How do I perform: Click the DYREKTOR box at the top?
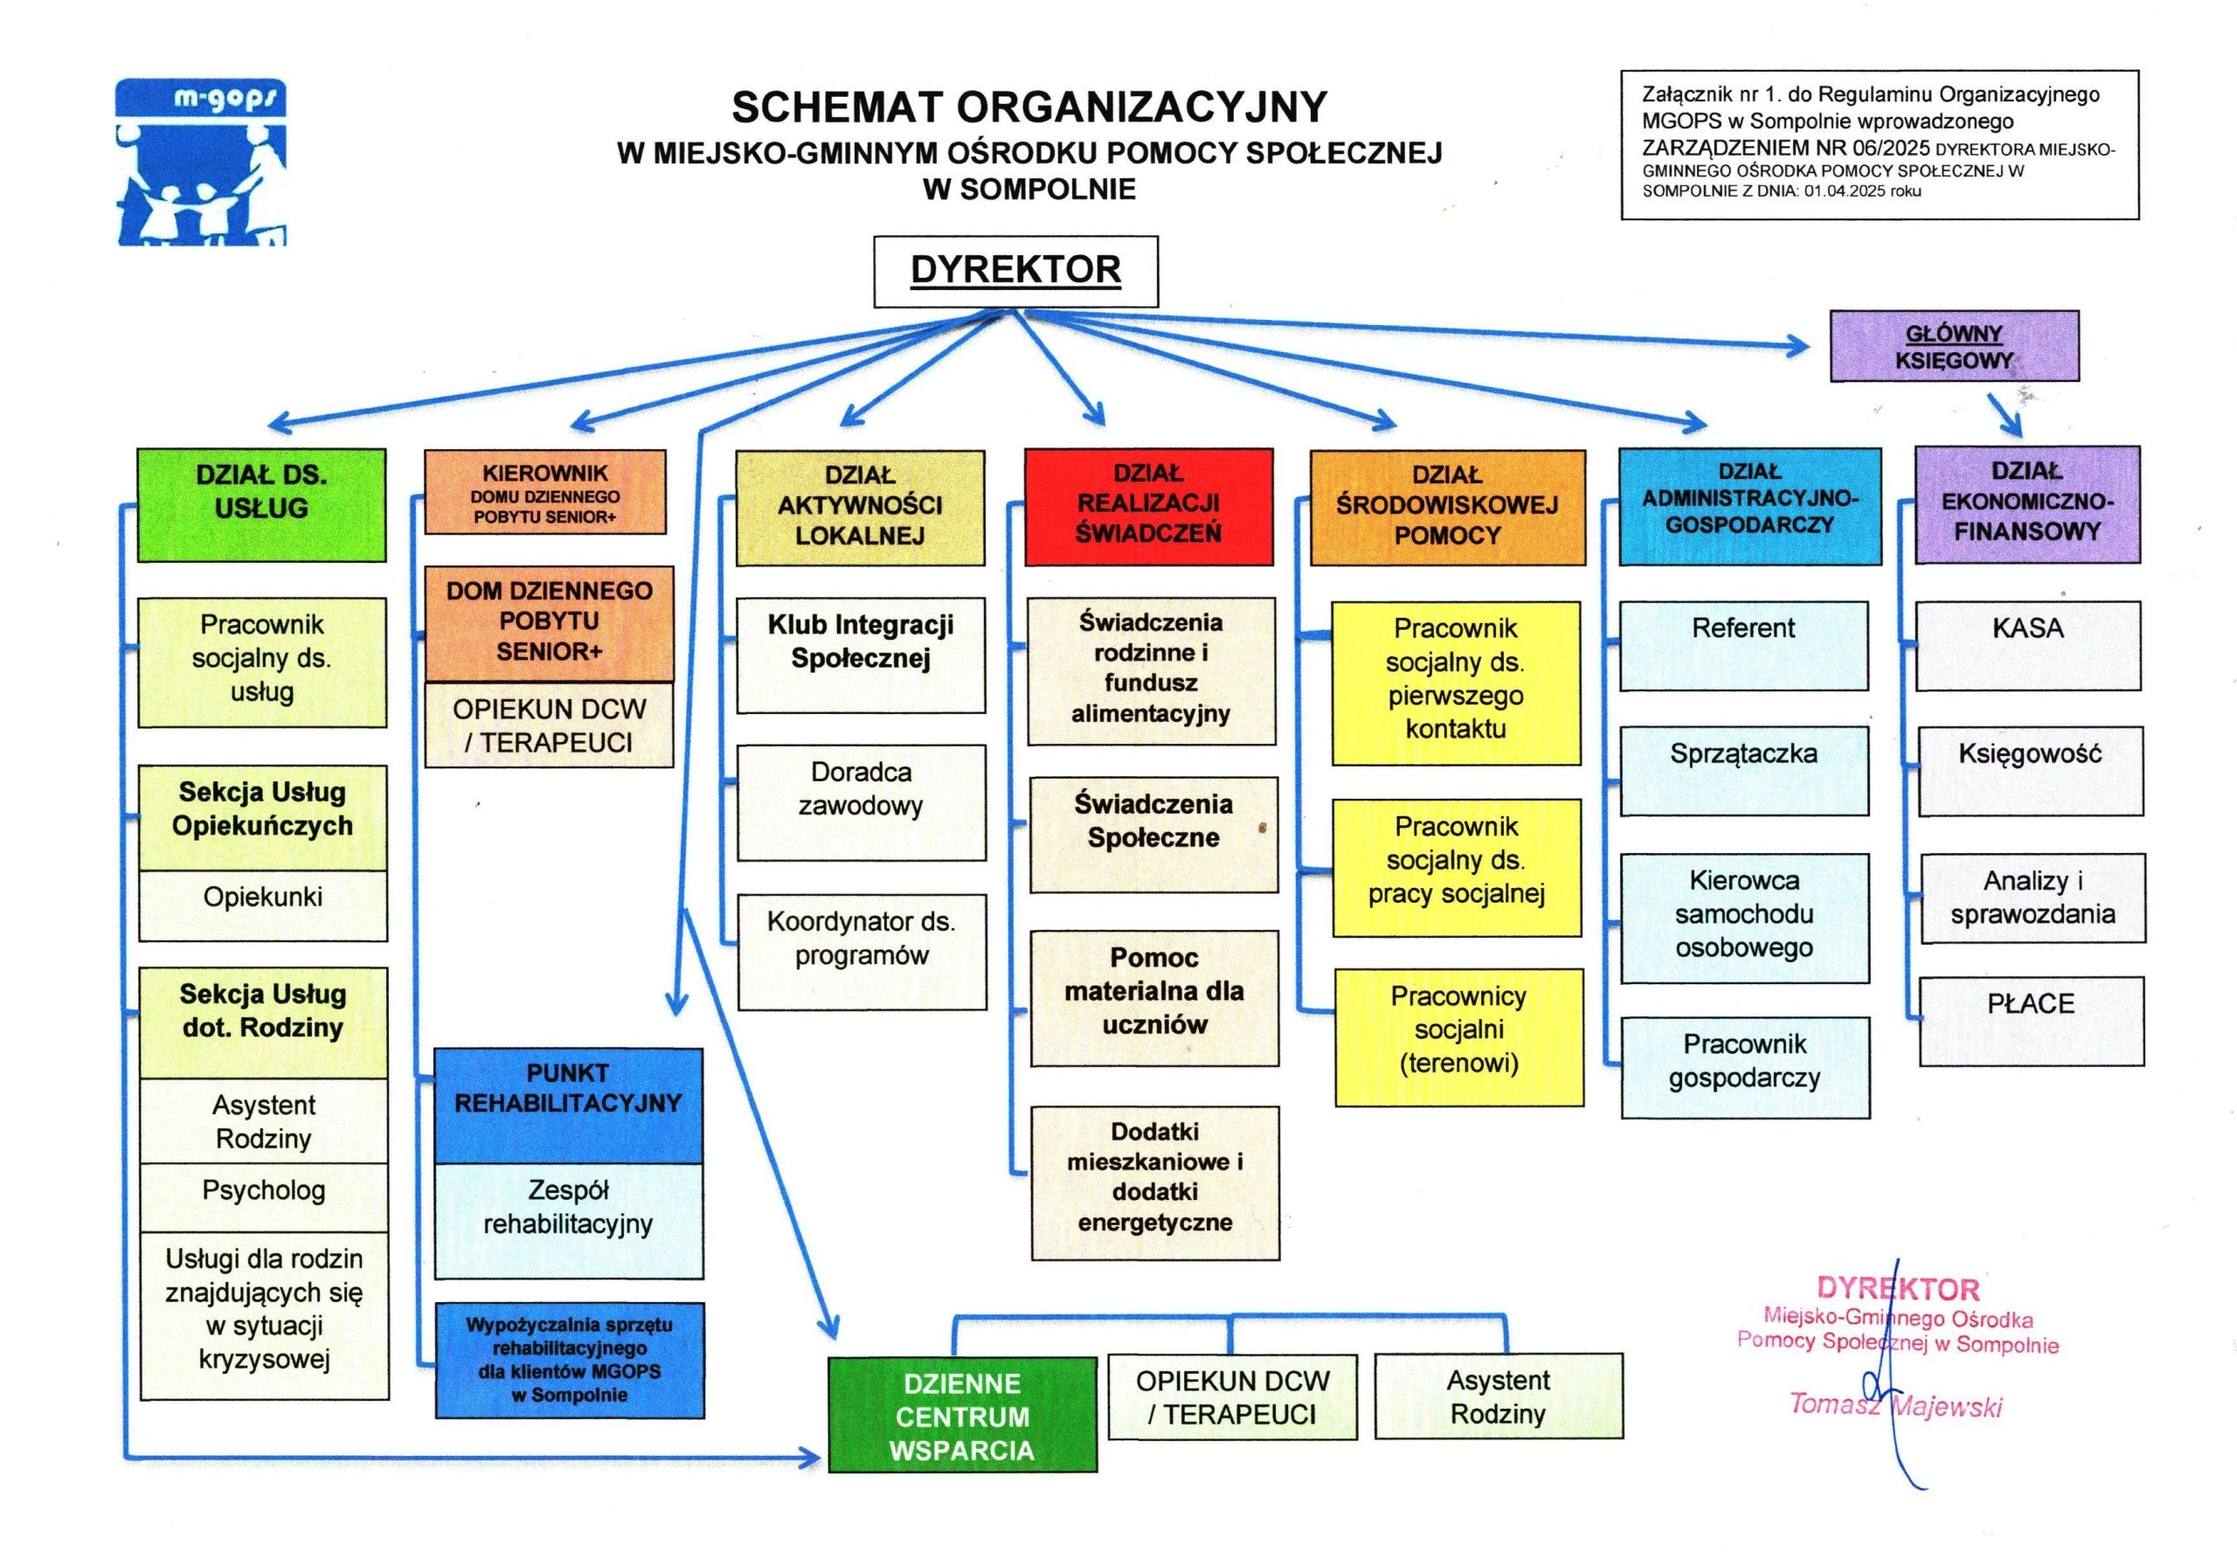pos(1015,271)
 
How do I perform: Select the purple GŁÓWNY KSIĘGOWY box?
pos(1954,346)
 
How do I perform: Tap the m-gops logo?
pos(201,162)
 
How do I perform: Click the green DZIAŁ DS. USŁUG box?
pos(261,505)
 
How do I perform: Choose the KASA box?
pos(2027,645)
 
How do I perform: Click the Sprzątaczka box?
pos(1744,770)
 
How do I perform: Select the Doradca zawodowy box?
pos(862,802)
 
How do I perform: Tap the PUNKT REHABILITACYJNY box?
pos(568,1105)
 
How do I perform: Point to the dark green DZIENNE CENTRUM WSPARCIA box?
pos(961,1414)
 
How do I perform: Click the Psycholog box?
pos(263,1196)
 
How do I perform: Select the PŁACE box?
pos(2032,1020)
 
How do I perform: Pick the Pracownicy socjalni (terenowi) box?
pos(1458,1037)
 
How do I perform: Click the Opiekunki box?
pos(263,905)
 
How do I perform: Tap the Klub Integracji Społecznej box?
pos(861,654)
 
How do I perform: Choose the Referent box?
pos(1743,645)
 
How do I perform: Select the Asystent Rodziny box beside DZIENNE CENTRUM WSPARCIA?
pos(1499,1396)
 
